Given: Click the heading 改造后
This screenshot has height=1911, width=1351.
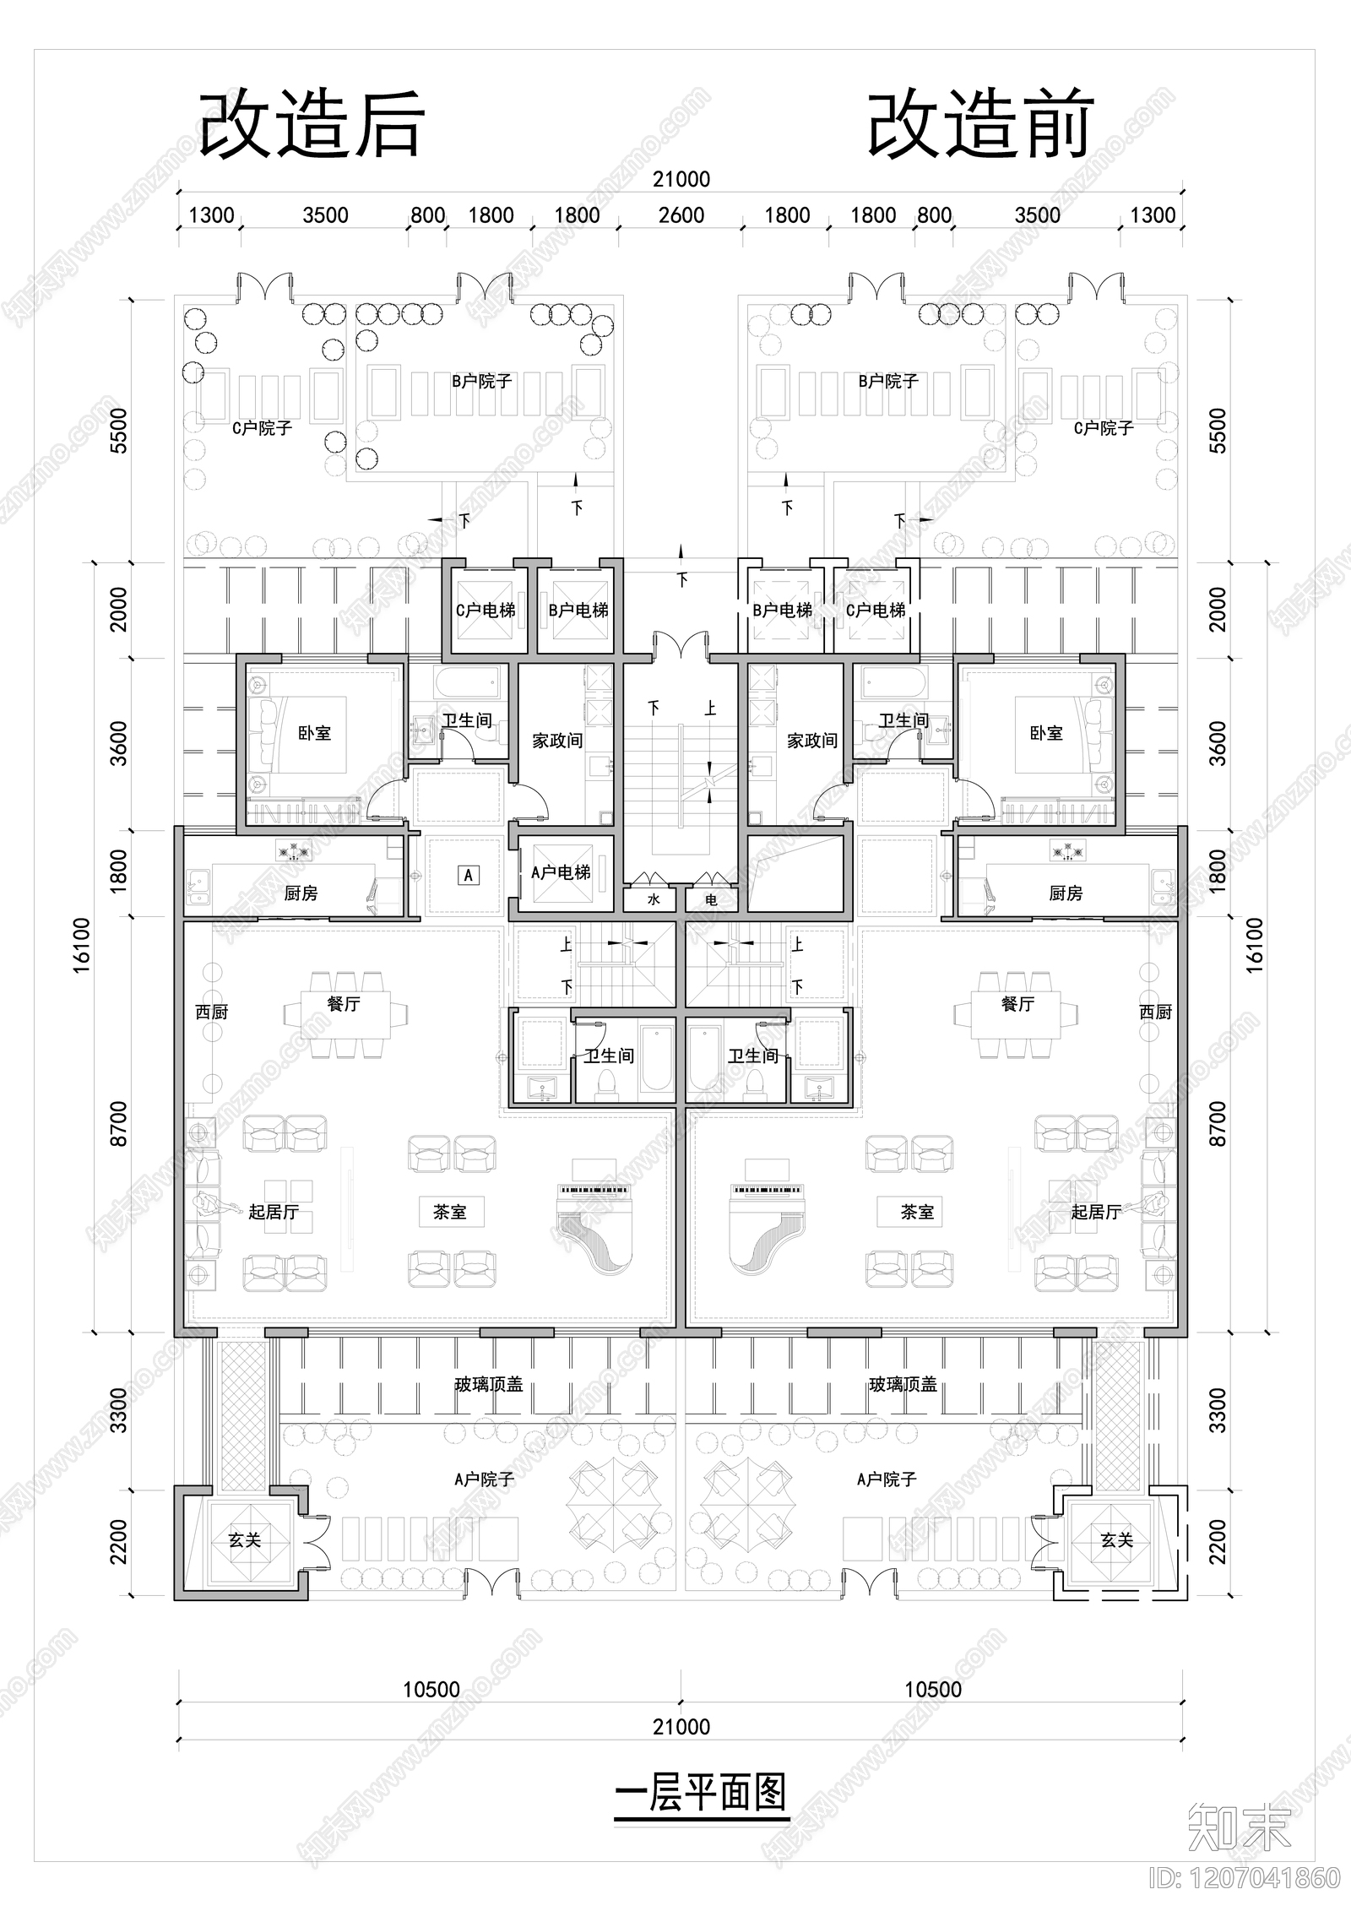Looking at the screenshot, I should (x=311, y=126).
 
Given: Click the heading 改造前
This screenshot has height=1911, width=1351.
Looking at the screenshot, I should (x=981, y=126).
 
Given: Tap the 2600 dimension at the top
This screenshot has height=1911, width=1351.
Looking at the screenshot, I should (x=681, y=215).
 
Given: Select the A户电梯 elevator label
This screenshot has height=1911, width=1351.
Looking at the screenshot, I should (x=561, y=872).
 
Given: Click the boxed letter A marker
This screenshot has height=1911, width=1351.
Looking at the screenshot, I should (x=469, y=875).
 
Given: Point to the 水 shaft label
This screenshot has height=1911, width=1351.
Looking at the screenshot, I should (x=654, y=900).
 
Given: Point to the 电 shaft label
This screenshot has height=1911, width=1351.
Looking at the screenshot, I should (x=711, y=900).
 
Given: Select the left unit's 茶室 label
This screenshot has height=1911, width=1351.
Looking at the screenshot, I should (x=449, y=1213).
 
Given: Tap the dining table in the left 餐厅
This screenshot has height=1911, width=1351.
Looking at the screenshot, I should (x=345, y=1014).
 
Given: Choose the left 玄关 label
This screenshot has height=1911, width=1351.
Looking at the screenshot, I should (x=244, y=1540).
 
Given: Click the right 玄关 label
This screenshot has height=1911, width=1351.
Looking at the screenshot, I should (x=1116, y=1540).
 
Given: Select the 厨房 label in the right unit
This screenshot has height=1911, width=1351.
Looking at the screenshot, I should (x=1065, y=893).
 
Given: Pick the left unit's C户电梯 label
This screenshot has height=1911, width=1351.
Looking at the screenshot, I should (x=485, y=611).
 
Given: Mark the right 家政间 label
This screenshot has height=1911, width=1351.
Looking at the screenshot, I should (x=812, y=741).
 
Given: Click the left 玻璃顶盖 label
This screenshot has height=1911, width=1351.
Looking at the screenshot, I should (x=489, y=1385).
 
